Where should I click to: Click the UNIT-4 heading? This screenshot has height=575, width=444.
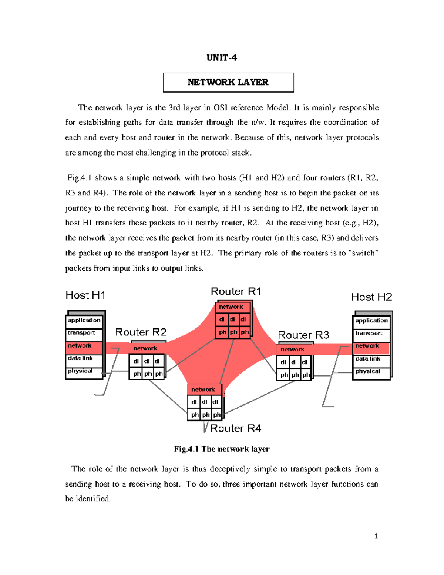click(222, 58)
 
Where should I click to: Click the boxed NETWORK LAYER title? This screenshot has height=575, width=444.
click(228, 82)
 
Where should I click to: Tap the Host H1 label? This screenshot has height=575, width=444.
click(85, 295)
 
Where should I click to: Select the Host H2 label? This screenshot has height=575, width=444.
click(371, 297)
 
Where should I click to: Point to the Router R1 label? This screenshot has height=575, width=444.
click(236, 291)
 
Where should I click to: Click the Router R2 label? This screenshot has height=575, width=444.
click(141, 332)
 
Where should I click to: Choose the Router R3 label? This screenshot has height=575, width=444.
click(303, 335)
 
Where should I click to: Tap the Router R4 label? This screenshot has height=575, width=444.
click(236, 428)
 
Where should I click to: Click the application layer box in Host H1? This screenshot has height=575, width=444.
click(84, 321)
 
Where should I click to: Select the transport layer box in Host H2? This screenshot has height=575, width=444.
click(371, 334)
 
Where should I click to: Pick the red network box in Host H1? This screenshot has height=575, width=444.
click(84, 346)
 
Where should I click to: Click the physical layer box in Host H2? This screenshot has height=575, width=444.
click(371, 372)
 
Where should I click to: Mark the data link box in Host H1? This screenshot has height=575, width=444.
click(84, 358)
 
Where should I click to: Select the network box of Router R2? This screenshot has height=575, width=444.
click(147, 348)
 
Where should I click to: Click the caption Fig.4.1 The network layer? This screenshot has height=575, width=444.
click(222, 449)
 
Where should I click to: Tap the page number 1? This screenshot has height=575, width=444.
click(376, 536)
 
